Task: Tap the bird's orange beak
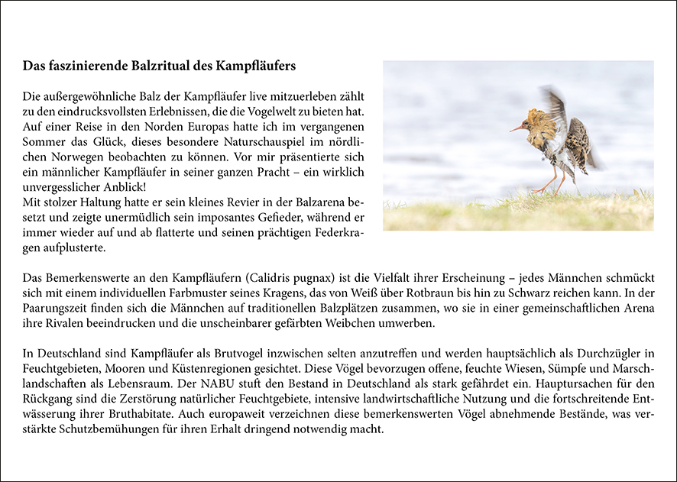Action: (517, 127)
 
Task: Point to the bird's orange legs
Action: (553, 182)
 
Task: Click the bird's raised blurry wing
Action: (556, 106)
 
